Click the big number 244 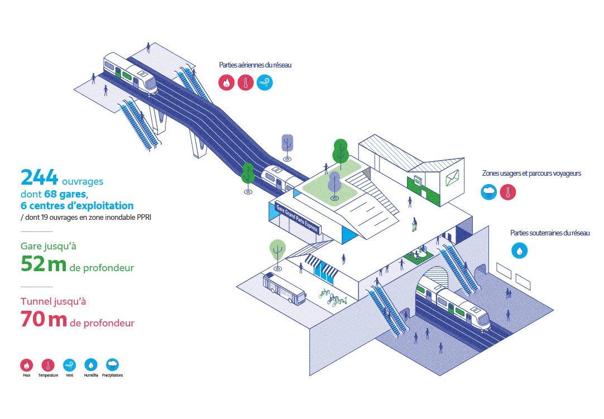click(39, 177)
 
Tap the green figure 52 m click(43, 264)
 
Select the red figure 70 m click(43, 320)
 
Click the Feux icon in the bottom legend click(26, 365)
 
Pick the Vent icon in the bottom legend click(70, 365)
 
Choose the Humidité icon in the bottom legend click(91, 365)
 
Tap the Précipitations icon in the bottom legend click(112, 365)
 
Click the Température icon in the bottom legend click(48, 365)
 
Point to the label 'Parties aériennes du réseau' click(255, 65)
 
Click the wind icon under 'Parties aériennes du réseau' click(265, 83)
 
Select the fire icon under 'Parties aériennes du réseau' click(226, 83)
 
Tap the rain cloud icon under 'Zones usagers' click(489, 192)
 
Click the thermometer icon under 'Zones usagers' click(508, 192)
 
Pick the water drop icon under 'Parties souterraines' click(520, 251)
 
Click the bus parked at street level click(284, 287)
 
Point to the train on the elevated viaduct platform click(130, 72)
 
